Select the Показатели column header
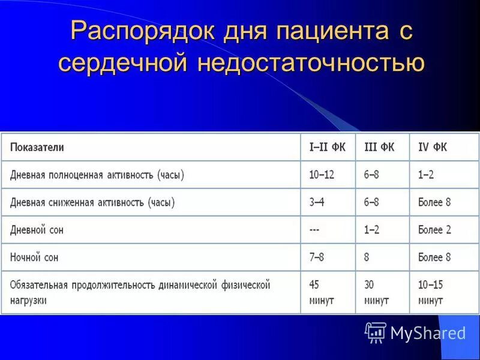(x=37, y=147)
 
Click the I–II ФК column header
(x=327, y=147)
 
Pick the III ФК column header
(x=379, y=147)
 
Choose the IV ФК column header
(x=433, y=147)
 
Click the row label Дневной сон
(x=37, y=230)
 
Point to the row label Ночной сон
(x=34, y=257)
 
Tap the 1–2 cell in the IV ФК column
(x=426, y=175)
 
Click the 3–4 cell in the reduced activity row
(x=317, y=202)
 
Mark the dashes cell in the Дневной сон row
(x=314, y=230)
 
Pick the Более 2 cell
(x=434, y=230)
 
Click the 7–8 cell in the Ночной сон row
(x=317, y=257)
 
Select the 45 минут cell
(x=321, y=292)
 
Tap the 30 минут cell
(x=376, y=292)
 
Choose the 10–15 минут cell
(x=431, y=292)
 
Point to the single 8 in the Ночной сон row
(x=367, y=257)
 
